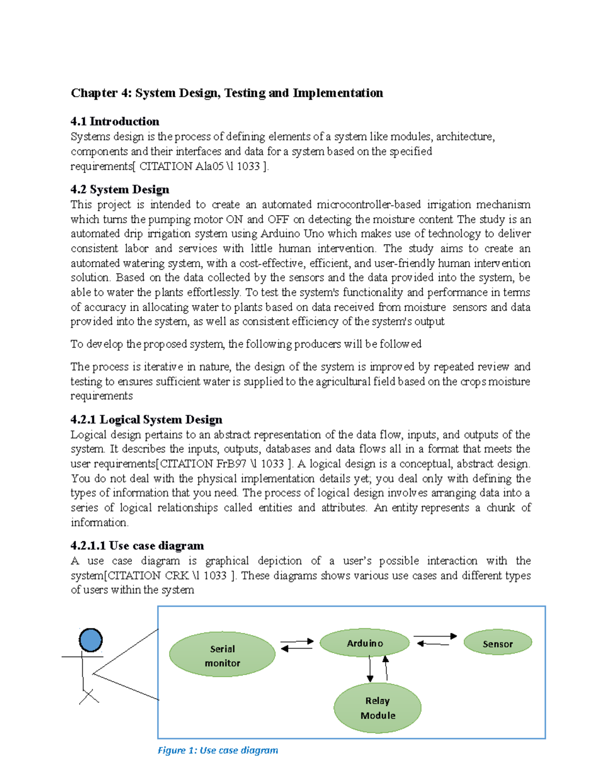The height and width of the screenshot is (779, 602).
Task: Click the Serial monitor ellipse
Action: coord(222,654)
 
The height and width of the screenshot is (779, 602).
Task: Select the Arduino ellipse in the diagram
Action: coord(365,643)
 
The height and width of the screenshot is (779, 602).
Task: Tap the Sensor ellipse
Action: coord(498,643)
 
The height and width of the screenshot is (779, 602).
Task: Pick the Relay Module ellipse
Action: coord(377,707)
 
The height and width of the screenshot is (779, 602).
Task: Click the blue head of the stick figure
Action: coord(91,640)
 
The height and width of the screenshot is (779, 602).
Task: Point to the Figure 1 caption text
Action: coord(218,750)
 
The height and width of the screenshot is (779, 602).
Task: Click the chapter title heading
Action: coord(227,93)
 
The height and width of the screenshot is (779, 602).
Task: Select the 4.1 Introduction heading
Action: coord(115,121)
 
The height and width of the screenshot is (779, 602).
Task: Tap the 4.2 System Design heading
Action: coord(120,189)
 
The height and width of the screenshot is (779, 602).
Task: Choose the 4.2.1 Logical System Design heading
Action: coord(146,419)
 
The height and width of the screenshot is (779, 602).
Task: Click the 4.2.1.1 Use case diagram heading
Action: coord(137,545)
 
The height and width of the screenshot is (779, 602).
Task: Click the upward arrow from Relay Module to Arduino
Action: coord(386,668)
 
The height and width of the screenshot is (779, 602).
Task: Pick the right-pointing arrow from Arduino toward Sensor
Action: coord(435,636)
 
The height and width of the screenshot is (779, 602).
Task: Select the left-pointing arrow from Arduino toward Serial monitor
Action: coord(296,649)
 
